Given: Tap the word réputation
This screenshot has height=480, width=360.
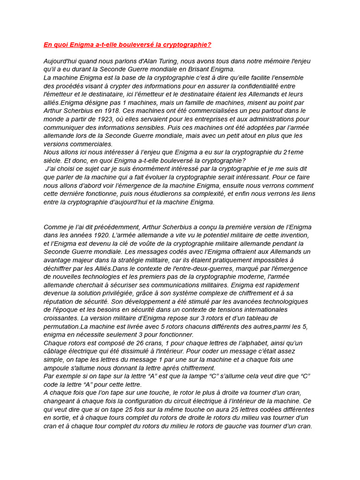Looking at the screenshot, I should (x=60, y=301).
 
